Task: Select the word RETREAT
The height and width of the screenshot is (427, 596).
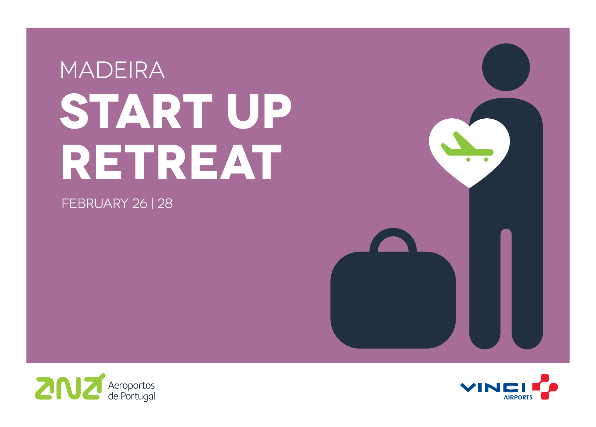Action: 171,162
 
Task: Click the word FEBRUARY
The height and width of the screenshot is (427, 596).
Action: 95,203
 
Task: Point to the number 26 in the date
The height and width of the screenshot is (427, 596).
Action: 139,203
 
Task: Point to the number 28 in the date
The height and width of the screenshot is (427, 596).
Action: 165,203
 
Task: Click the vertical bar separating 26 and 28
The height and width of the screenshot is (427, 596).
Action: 152,203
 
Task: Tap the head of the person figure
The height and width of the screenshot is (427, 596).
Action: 506,67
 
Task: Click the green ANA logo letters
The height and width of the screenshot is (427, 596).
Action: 69,388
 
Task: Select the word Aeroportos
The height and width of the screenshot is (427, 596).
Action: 131,385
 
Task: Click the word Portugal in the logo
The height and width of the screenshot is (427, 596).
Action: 138,396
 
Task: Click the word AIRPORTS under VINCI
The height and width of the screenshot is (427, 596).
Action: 518,397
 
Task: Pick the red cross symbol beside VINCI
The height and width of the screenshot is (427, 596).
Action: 545,387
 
